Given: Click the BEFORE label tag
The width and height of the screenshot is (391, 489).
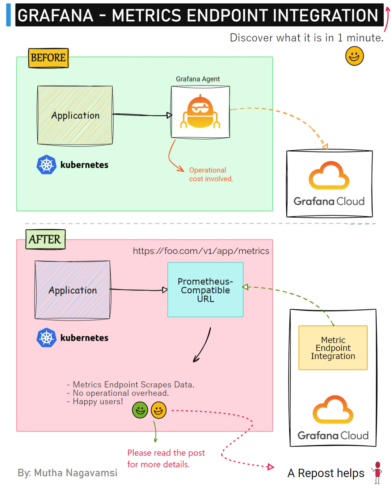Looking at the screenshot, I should point(49,58).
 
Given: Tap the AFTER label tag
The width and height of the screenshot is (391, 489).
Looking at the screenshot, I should point(45,239).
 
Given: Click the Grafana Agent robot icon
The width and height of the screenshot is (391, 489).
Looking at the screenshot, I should point(200,112).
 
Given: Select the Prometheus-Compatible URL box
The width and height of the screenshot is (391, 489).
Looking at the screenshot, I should point(205,290).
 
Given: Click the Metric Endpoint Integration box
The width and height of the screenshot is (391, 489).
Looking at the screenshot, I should point(333,348).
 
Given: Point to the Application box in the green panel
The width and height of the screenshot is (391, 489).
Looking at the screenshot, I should point(75,116).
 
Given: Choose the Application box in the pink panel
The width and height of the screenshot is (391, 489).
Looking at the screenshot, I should point(72,290).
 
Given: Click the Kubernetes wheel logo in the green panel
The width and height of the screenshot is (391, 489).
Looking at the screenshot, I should point(46,165).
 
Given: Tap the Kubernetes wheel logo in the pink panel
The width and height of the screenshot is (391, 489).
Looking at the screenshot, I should point(46,338).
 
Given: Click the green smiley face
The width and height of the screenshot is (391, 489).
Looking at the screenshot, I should point(140,410).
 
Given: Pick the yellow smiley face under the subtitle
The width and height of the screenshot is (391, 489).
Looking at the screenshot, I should point(354,56).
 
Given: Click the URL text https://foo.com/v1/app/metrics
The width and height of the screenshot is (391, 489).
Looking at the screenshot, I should point(201,251).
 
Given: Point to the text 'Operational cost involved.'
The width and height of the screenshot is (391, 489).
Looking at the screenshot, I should point(211,174).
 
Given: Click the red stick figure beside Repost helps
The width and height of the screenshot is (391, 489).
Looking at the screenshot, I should point(378,472).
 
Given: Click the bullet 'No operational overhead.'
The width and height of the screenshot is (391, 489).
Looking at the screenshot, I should point(121,393).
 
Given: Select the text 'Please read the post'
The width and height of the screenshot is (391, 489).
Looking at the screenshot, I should point(166,453).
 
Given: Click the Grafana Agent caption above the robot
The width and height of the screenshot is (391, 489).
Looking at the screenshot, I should point(198,79).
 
